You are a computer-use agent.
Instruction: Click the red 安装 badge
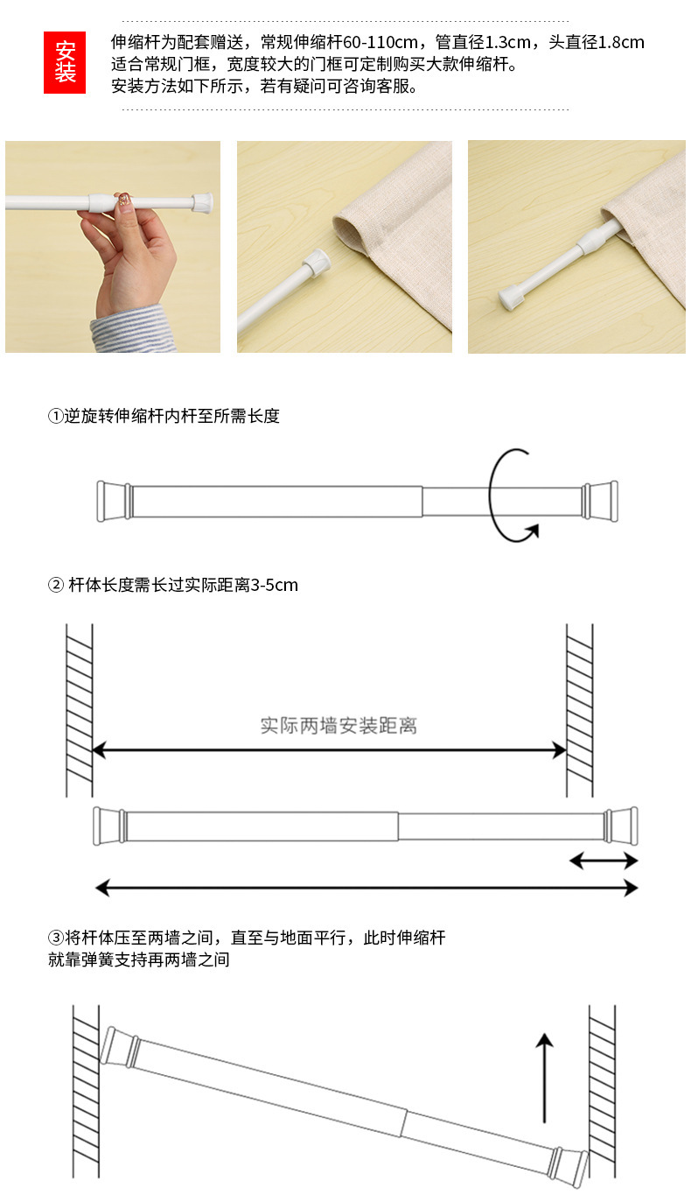pyautogui.click(x=65, y=62)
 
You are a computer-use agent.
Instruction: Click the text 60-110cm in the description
pyautogui.click(x=380, y=42)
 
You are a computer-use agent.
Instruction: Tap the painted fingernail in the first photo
pyautogui.click(x=122, y=200)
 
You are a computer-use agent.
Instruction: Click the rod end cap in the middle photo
pyautogui.click(x=317, y=262)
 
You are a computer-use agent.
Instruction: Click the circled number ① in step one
pyautogui.click(x=56, y=416)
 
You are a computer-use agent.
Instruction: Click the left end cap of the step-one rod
pyautogui.click(x=114, y=501)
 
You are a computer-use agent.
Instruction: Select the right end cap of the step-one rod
pyautogui.click(x=600, y=501)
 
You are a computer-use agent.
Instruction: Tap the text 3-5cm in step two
pyautogui.click(x=275, y=585)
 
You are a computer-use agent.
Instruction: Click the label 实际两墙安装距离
pyautogui.click(x=339, y=726)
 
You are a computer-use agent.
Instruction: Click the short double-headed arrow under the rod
pyautogui.click(x=604, y=861)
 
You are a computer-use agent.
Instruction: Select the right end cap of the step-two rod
pyautogui.click(x=621, y=826)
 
